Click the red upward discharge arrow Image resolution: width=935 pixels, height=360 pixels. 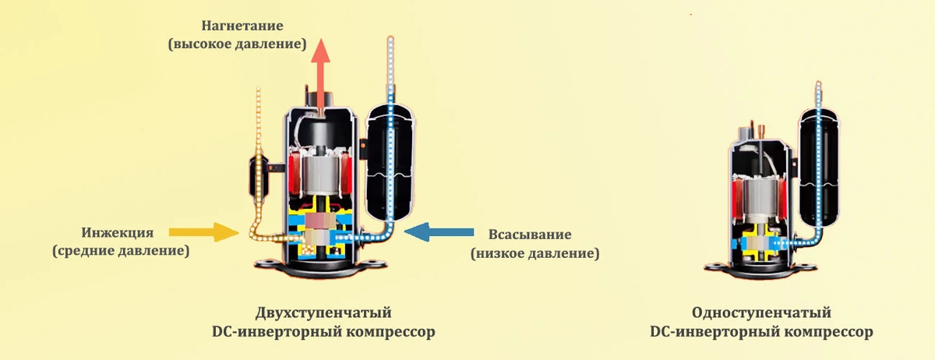tap(320, 73)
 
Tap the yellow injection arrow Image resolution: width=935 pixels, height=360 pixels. tap(203, 232)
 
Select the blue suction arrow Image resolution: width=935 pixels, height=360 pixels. tap(439, 232)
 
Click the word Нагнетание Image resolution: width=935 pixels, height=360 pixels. tap(242, 26)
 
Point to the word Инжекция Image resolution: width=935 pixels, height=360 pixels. tap(118, 233)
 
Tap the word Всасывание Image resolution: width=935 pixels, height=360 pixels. tap(530, 235)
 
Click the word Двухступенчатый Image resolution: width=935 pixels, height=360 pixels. tap(323, 312)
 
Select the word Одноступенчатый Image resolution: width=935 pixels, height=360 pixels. tap(761, 312)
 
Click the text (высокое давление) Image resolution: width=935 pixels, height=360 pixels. tap(237, 44)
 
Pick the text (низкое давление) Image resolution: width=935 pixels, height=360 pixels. tap(535, 253)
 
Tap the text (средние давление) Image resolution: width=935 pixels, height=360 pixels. tap(121, 251)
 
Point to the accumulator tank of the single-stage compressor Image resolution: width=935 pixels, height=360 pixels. tap(819, 169)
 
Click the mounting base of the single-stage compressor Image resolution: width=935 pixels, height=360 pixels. tap(760, 270)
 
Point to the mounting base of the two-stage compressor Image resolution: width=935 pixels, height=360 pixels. tap(320, 267)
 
